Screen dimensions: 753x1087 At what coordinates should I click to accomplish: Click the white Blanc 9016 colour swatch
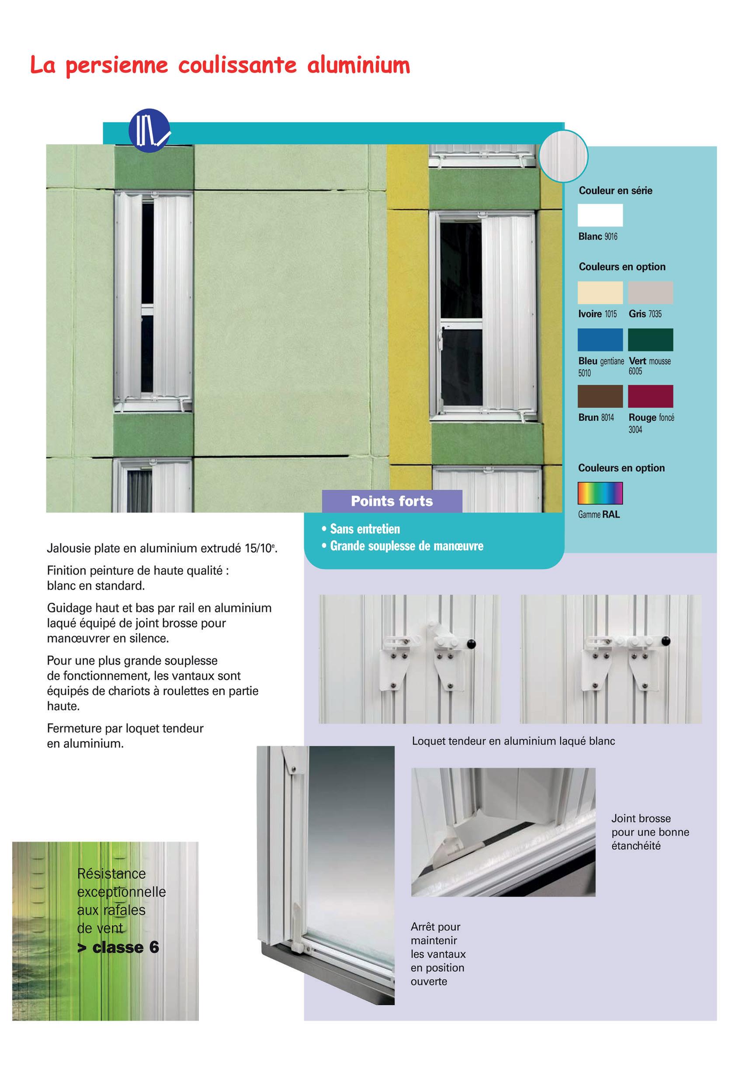[x=600, y=215]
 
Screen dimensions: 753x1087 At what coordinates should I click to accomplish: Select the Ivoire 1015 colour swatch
[x=600, y=292]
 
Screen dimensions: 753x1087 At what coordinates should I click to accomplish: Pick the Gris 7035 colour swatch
[x=650, y=292]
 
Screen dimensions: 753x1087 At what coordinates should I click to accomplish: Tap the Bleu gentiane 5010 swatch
[x=600, y=339]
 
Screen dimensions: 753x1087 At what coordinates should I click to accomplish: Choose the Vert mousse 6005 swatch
[x=650, y=339]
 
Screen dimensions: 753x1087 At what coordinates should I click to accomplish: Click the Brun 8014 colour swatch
[x=600, y=396]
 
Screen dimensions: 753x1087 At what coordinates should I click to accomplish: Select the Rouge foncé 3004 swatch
[x=650, y=396]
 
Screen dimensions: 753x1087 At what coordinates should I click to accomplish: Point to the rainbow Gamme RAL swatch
[x=600, y=493]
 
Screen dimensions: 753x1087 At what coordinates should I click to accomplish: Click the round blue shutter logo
[x=149, y=130]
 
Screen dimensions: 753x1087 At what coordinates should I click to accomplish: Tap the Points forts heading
[x=392, y=501]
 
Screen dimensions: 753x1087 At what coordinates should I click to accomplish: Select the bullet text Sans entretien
[x=365, y=529]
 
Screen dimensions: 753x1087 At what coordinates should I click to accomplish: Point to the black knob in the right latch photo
[x=666, y=641]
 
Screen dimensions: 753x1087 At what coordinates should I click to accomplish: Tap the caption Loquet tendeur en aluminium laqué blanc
[x=514, y=741]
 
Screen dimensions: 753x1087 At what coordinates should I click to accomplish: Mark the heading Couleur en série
[x=615, y=190]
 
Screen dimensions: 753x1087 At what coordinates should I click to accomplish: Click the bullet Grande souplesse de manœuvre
[x=406, y=546]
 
